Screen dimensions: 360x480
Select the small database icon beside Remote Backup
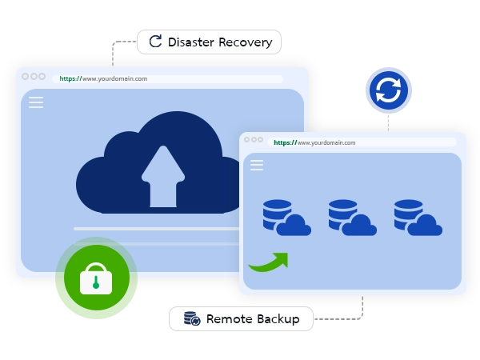coord(192,319)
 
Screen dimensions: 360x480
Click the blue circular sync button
coord(388,90)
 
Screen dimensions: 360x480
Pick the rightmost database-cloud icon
coord(417,218)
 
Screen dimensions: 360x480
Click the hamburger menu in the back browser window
coord(36,102)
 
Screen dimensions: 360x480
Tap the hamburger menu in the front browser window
coord(257,165)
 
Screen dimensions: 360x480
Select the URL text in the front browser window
coord(315,142)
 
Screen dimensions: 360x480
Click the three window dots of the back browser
coord(34,77)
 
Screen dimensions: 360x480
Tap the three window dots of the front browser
coord(254,140)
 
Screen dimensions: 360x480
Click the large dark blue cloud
coord(120,172)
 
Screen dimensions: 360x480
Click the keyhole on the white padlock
coord(95,282)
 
